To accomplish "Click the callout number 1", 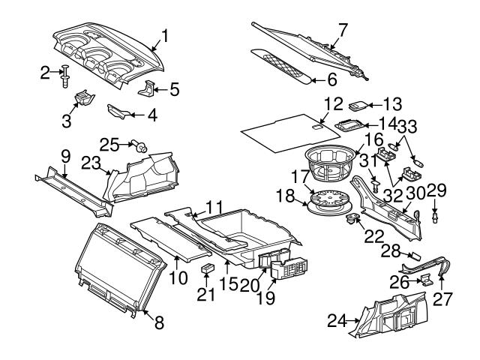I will [166, 35].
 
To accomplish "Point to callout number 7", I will [343, 31].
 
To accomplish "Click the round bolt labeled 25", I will [139, 148].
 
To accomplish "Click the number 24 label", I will [336, 322].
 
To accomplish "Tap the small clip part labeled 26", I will [424, 280].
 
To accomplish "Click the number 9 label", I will [64, 157].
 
